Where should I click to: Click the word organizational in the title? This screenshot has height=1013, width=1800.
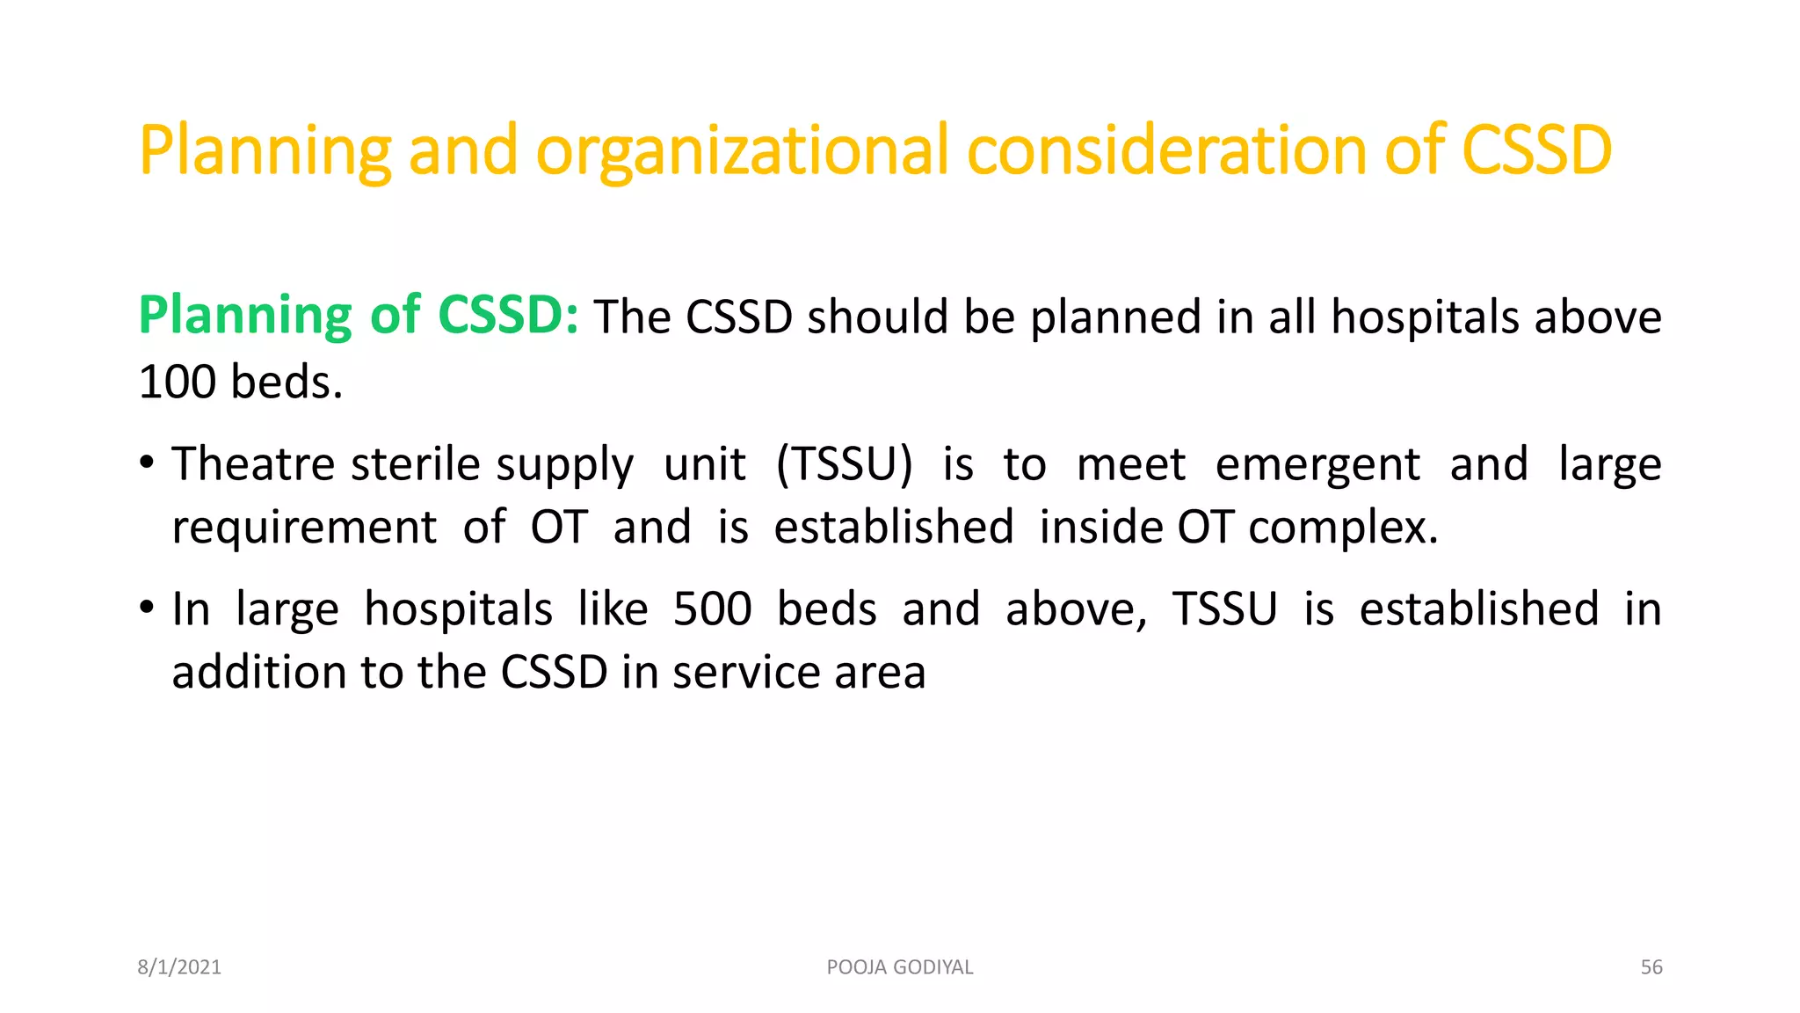click(x=742, y=151)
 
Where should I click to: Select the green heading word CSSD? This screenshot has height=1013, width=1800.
click(x=507, y=315)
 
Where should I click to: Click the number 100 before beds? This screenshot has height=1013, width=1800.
click(x=177, y=383)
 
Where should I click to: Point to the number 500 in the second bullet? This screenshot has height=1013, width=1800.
click(x=712, y=609)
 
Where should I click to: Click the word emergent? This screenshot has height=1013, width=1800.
click(x=1317, y=465)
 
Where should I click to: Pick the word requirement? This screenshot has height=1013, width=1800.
click(x=304, y=528)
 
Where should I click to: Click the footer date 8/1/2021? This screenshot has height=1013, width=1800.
click(x=179, y=967)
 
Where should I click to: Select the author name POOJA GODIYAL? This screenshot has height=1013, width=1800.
click(x=900, y=967)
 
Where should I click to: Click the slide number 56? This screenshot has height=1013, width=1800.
click(x=1651, y=967)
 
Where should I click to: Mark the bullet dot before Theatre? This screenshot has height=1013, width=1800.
click(x=147, y=463)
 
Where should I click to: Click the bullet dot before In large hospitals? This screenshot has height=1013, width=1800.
click(x=147, y=608)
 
